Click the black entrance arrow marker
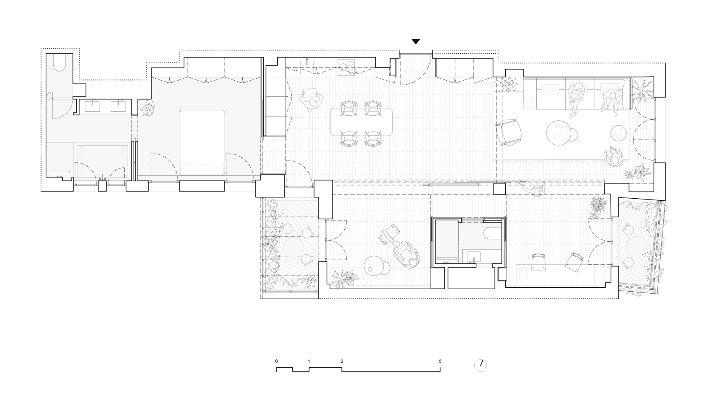(415, 41)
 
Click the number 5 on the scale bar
(440, 361)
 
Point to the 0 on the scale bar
(276, 361)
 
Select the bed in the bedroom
(202, 142)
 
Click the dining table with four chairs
(361, 121)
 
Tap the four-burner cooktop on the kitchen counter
(346, 67)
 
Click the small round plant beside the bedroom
(148, 108)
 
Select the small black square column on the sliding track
(499, 188)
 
